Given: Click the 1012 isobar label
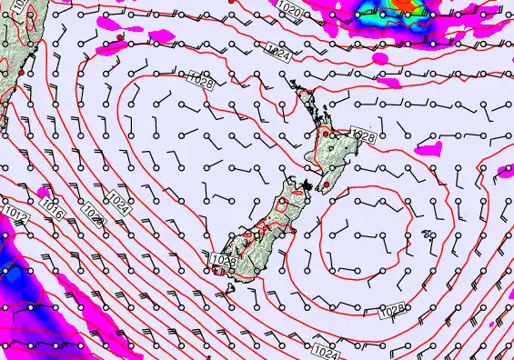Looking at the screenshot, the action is tap(13, 213).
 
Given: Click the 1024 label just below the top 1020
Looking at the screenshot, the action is tap(280, 55).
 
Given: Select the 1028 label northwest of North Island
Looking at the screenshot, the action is tap(204, 83).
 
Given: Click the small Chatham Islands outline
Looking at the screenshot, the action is tap(428, 235).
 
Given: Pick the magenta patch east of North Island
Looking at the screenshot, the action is tap(427, 147).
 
